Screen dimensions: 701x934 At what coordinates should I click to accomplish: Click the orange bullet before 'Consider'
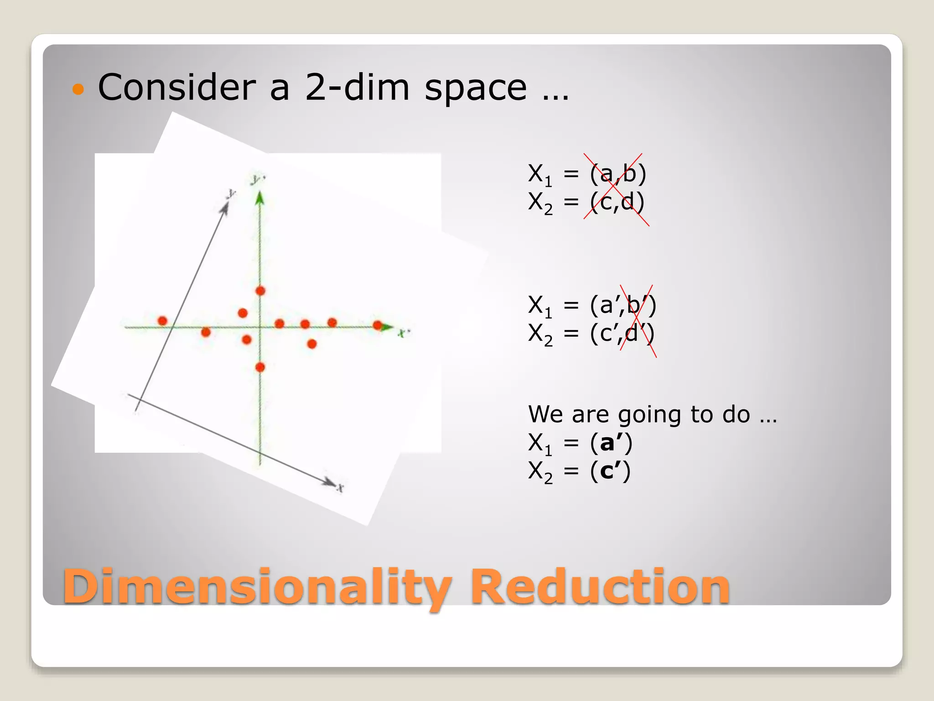[x=78, y=89]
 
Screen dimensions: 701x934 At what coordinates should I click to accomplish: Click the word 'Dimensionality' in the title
[x=257, y=586]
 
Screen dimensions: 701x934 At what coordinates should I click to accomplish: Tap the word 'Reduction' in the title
[x=600, y=586]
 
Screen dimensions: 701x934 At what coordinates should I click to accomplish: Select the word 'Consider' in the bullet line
[x=177, y=88]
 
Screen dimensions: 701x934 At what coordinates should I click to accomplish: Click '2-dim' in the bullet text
[x=357, y=88]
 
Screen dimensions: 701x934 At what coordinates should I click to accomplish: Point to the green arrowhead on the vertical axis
[x=260, y=198]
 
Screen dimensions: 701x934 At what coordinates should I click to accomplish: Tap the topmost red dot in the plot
[x=260, y=291]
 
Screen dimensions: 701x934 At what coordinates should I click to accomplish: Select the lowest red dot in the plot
[x=260, y=367]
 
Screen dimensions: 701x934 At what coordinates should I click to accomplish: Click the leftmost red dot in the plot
[x=162, y=321]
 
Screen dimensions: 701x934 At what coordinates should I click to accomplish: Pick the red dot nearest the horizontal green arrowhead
[x=377, y=325]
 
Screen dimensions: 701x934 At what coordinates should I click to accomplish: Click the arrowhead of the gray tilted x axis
[x=329, y=482]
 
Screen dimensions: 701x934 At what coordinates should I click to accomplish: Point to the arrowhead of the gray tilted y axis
[x=225, y=208]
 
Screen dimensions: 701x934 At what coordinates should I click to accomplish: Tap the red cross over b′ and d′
[x=638, y=320]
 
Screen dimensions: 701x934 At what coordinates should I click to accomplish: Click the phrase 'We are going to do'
[x=638, y=414]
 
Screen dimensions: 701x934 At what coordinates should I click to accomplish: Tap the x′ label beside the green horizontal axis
[x=404, y=333]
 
